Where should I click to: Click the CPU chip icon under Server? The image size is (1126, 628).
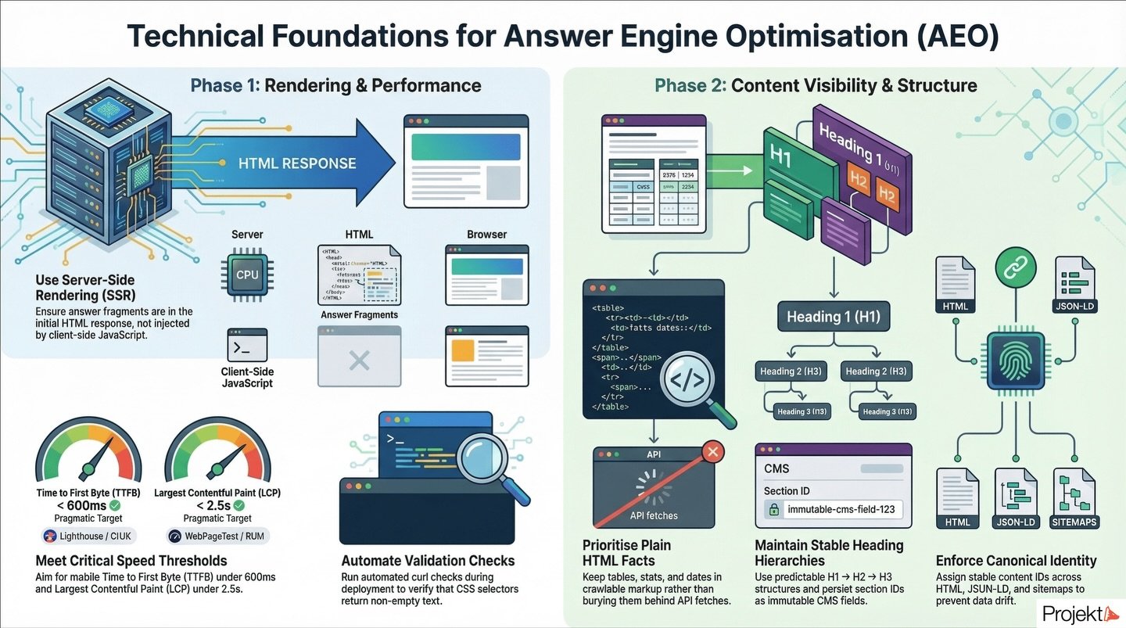(247, 275)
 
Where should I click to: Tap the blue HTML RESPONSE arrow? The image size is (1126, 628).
(297, 163)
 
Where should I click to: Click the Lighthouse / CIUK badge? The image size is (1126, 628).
(88, 536)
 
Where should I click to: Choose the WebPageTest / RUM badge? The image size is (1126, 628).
(217, 536)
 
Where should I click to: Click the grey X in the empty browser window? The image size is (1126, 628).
(359, 360)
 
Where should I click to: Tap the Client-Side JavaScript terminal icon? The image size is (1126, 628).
(247, 344)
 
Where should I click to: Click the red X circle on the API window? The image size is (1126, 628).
(712, 451)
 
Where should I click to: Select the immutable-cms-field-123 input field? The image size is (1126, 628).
(834, 510)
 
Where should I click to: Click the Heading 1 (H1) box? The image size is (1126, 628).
(834, 317)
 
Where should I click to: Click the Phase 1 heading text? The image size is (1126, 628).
(335, 85)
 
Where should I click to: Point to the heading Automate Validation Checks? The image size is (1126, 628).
(428, 561)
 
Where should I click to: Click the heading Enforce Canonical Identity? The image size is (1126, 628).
(1016, 561)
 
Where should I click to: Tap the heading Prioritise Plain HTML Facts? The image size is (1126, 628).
(627, 553)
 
